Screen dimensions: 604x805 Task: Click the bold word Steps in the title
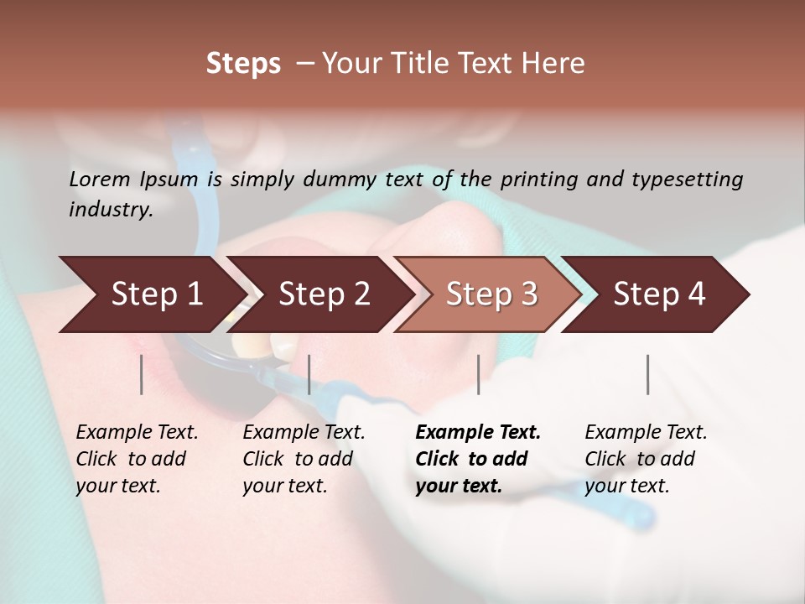243,64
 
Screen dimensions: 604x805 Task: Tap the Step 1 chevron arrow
157,294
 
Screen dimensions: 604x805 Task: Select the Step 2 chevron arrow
325,294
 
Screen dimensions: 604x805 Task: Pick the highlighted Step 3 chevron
492,294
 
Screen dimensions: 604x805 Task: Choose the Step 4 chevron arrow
659,294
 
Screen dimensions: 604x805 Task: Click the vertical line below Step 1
142,374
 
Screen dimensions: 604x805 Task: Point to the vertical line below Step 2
309,374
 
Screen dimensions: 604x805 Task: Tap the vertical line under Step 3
478,374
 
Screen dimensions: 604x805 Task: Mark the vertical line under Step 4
647,374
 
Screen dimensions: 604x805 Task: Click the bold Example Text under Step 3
478,433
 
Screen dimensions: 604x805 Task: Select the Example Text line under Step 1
137,433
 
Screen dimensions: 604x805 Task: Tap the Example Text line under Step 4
646,433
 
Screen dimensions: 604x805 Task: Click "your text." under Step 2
284,487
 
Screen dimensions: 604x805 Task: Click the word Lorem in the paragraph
99,180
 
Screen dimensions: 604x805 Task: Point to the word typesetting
687,180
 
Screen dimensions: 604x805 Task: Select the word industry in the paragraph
110,210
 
